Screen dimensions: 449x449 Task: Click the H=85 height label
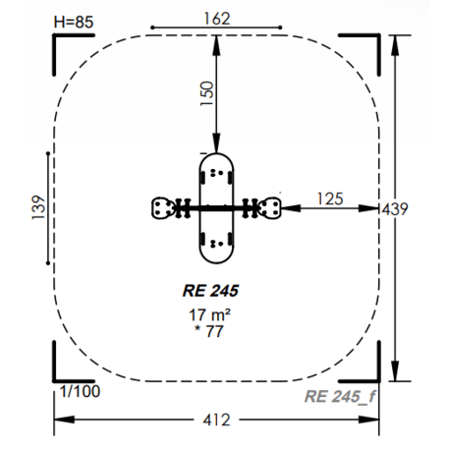tap(74, 22)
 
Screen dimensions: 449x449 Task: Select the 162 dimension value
tap(217, 19)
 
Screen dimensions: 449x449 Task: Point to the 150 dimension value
tap(207, 93)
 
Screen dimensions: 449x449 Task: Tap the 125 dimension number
tap(330, 198)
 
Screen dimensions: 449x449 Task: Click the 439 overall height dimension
tap(395, 209)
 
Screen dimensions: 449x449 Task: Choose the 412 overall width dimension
tap(216, 420)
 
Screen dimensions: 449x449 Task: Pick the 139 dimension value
tap(38, 207)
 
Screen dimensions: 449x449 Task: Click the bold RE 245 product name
tap(210, 291)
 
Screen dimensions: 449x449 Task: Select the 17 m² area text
tap(209, 314)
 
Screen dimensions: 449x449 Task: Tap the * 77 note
tap(209, 331)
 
